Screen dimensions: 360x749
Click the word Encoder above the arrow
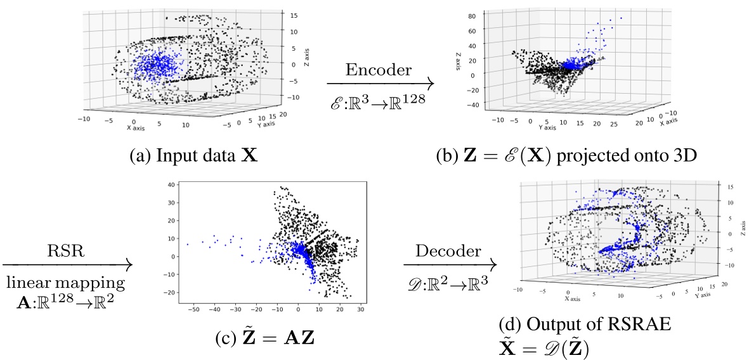pyautogui.click(x=380, y=70)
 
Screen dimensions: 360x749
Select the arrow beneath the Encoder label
pyautogui.click(x=380, y=83)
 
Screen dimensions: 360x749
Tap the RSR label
pyautogui.click(x=66, y=250)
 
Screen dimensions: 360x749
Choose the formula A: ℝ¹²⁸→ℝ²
pyautogui.click(x=66, y=297)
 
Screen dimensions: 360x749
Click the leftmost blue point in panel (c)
pyautogui.click(x=187, y=244)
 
